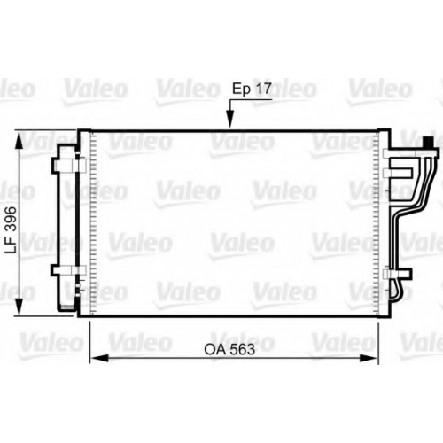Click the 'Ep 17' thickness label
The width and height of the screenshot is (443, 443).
click(252, 89)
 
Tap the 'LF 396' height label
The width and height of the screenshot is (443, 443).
click(12, 229)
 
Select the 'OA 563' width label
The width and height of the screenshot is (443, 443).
click(229, 349)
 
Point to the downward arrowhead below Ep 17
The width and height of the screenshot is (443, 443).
click(230, 119)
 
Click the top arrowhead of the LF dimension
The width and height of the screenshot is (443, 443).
click(19, 141)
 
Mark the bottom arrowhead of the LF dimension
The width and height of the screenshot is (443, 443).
click(19, 307)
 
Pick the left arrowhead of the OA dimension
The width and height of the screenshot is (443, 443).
click(99, 358)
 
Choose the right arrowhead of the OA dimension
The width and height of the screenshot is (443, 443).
click(369, 358)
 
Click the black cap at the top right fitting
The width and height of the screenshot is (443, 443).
click(428, 143)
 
